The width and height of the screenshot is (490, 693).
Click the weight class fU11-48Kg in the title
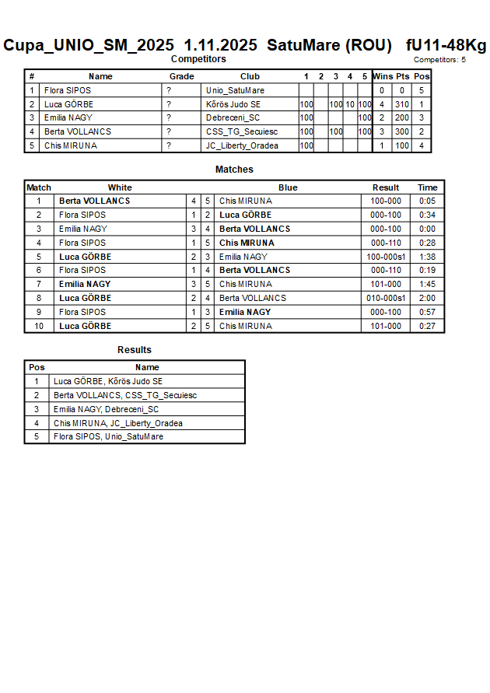coord(446,45)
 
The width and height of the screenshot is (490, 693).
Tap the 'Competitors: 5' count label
coord(439,60)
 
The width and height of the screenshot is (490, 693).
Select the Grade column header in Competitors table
coord(182,76)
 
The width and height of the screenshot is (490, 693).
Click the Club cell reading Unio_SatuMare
coord(235,90)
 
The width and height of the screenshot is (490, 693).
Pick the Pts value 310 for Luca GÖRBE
coord(401,104)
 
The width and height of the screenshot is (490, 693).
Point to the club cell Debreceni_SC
coord(233,118)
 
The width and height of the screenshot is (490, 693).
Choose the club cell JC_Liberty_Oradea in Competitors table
coord(242,145)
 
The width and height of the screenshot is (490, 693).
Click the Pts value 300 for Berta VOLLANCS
coord(401,132)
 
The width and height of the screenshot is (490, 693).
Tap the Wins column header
coord(383,76)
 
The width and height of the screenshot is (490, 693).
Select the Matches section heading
coord(234,170)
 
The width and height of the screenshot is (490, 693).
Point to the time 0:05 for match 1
coord(427,201)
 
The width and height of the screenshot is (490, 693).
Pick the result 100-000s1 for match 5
coord(386,257)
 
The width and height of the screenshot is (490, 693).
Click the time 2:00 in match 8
coord(427,298)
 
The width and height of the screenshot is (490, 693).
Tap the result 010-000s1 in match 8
coord(386,298)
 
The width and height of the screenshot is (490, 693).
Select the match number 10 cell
coord(39,326)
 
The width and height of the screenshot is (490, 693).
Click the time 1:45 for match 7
coord(427,285)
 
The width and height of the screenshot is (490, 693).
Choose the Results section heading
coord(135,350)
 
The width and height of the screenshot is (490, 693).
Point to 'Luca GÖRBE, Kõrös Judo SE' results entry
coord(108,381)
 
